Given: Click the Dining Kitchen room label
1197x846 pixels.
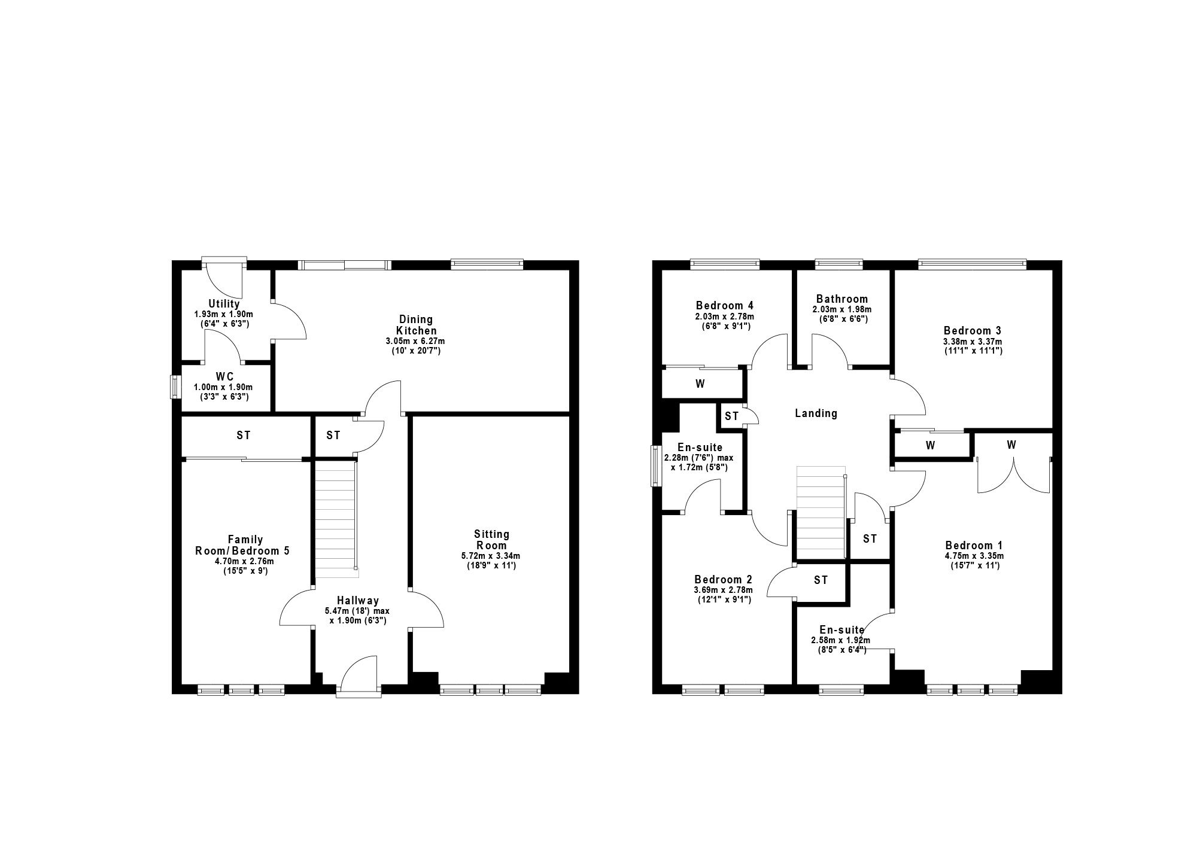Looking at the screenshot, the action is click(415, 325).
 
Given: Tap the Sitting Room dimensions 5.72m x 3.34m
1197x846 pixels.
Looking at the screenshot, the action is click(491, 556).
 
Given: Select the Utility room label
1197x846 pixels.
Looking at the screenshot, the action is click(224, 304).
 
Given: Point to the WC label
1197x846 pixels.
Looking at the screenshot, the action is click(225, 377).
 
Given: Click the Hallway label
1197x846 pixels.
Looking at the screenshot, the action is click(357, 601).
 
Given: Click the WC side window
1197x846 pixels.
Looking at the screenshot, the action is click(176, 387).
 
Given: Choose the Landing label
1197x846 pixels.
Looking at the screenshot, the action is click(816, 413).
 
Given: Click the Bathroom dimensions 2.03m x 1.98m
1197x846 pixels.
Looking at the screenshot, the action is click(841, 309).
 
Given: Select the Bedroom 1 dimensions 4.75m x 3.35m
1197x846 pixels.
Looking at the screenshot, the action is click(974, 556).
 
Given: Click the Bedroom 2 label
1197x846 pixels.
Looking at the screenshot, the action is click(723, 579).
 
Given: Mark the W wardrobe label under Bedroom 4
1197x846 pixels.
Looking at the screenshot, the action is click(700, 384).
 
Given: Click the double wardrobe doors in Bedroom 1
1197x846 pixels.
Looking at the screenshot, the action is click(1013, 474).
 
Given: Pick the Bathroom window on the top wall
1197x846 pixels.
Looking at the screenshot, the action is click(838, 263).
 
